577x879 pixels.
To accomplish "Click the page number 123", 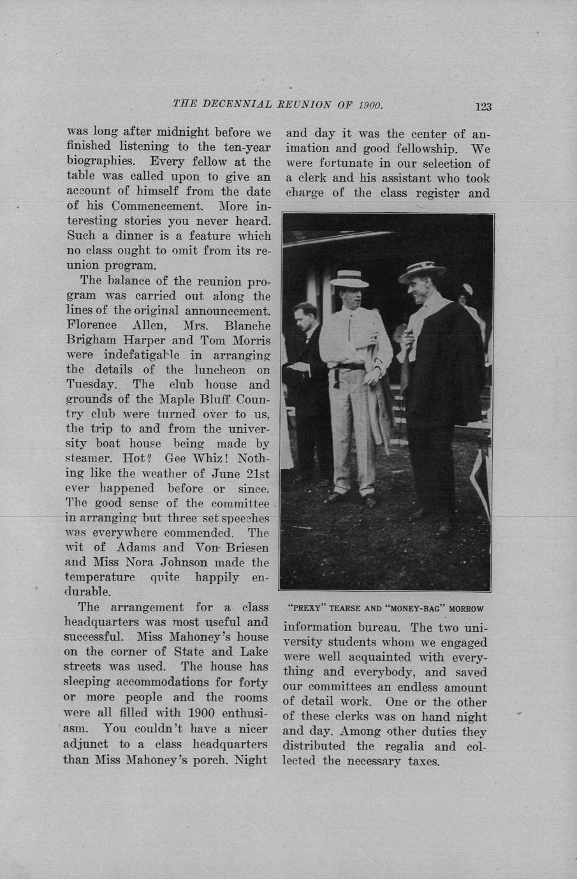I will [483, 106].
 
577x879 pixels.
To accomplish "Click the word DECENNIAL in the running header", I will [237, 104].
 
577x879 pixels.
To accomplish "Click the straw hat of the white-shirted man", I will [349, 279].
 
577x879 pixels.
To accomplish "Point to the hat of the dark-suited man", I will [422, 270].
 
